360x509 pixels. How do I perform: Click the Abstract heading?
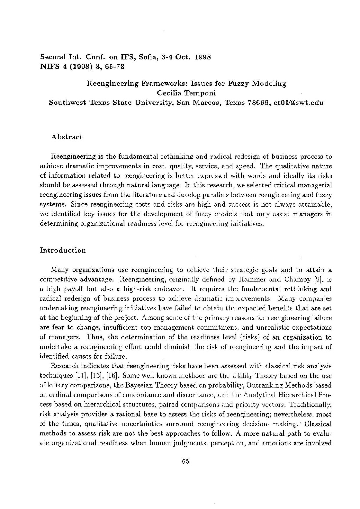pos(67,137)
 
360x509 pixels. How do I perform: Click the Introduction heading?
pos(63,250)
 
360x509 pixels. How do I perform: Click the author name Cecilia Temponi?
pos(186,93)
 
